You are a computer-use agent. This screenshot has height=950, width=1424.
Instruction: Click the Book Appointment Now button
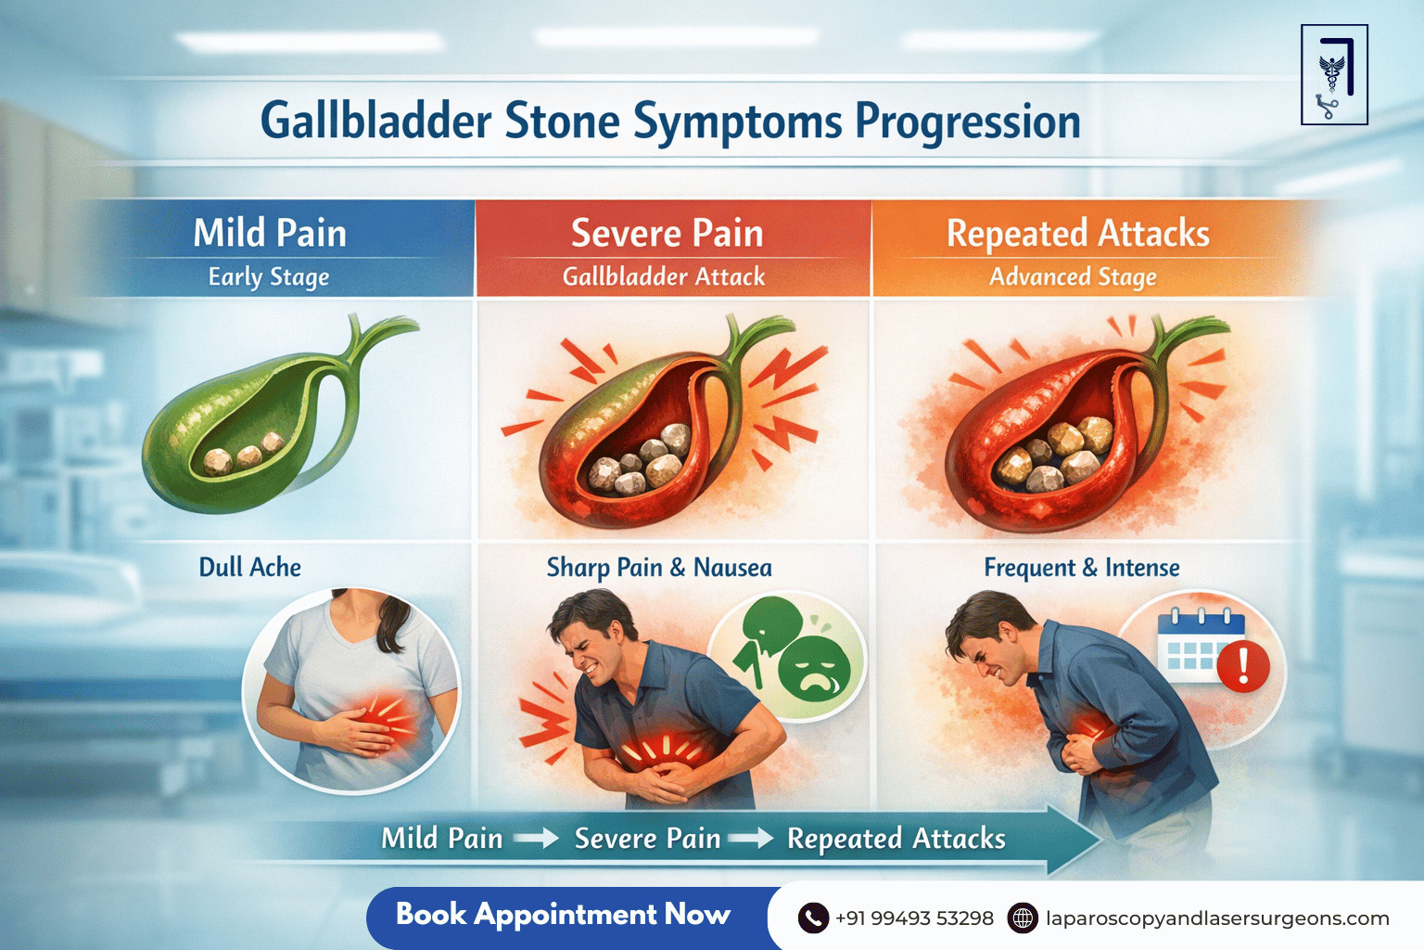pyautogui.click(x=564, y=915)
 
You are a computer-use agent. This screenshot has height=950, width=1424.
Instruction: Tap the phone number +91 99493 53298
pyautogui.click(x=913, y=918)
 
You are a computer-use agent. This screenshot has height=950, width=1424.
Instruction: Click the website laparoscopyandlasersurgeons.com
pyautogui.click(x=1216, y=918)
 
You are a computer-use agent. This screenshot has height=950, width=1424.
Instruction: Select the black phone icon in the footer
pyautogui.click(x=813, y=918)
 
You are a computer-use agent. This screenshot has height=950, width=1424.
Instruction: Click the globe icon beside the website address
pyautogui.click(x=1023, y=918)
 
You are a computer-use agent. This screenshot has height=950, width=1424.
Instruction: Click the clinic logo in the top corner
pyautogui.click(x=1334, y=75)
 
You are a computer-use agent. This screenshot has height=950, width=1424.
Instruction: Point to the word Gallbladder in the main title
pyautogui.click(x=375, y=122)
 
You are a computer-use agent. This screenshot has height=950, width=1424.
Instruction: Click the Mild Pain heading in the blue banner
pyautogui.click(x=270, y=233)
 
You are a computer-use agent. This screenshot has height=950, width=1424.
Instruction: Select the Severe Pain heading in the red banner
pyautogui.click(x=667, y=233)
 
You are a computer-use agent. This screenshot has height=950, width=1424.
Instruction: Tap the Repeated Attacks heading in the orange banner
pyautogui.click(x=1077, y=234)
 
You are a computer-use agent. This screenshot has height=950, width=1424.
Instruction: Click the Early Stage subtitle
pyautogui.click(x=269, y=277)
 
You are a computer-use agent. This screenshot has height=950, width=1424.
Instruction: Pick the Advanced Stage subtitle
pyautogui.click(x=1073, y=277)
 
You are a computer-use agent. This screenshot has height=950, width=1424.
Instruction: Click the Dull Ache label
pyautogui.click(x=249, y=567)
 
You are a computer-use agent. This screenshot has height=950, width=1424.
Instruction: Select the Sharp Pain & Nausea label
pyautogui.click(x=658, y=567)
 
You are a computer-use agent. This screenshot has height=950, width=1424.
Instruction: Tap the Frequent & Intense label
pyautogui.click(x=1081, y=567)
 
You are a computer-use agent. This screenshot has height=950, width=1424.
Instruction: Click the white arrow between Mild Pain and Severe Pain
pyautogui.click(x=536, y=839)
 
